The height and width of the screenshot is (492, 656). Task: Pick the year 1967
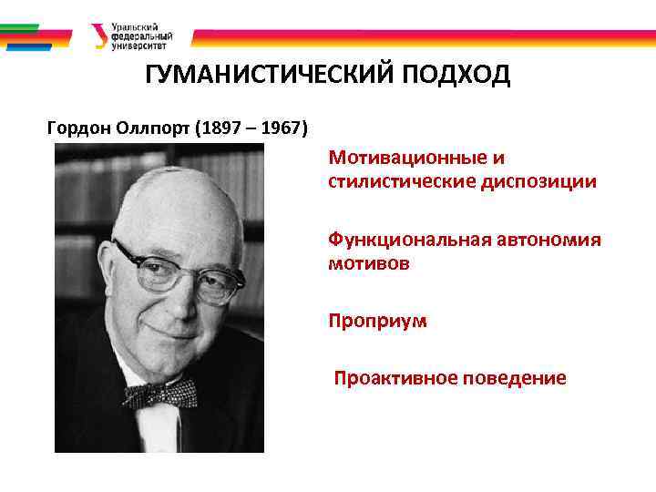pyautogui.click(x=281, y=126)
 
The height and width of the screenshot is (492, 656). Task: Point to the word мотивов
pyautogui.click(x=369, y=263)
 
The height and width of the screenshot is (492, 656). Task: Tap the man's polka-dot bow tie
pyautogui.click(x=162, y=394)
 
